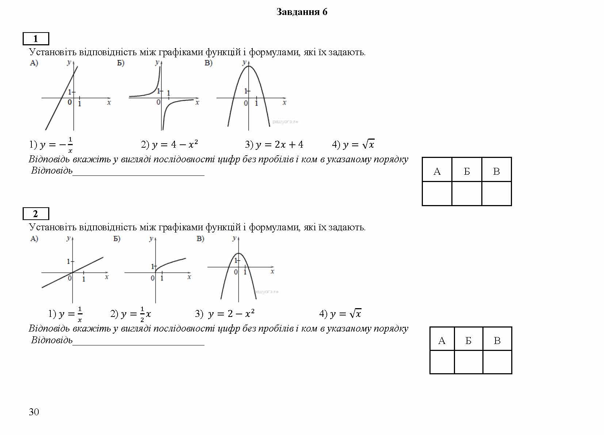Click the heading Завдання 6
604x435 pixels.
coord(302,12)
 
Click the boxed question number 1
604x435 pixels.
coord(36,38)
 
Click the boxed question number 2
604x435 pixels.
coord(36,213)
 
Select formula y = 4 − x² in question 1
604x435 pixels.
coord(170,144)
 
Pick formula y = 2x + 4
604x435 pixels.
coord(274,144)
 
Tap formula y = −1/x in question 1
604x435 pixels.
coord(51,145)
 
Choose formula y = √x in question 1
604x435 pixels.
coord(353,144)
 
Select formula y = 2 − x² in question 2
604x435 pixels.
coord(225,314)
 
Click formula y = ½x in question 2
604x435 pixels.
coord(131,314)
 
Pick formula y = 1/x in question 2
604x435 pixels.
coord(66,314)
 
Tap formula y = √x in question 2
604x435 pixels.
coord(340,314)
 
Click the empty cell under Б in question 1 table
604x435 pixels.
coord(467,193)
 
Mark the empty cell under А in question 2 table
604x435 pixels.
coord(442,362)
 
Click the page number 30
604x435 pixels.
coord(34,412)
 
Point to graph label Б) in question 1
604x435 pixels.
coord(121,63)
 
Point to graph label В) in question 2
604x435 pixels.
coord(200,239)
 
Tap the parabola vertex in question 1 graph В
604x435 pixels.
coord(249,66)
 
